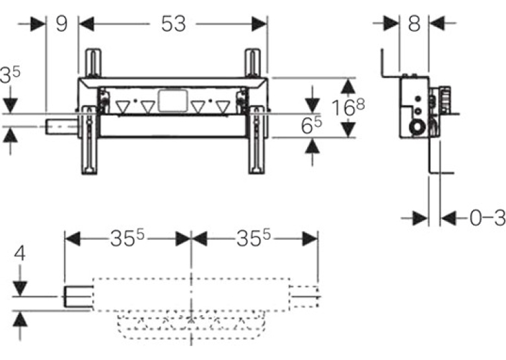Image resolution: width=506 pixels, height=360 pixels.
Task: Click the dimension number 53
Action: (x=173, y=24)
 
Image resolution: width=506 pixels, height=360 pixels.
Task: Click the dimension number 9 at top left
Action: (x=61, y=24)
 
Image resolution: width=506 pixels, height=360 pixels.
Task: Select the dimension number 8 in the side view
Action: (x=414, y=23)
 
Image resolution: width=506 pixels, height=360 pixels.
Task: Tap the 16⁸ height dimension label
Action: (x=348, y=107)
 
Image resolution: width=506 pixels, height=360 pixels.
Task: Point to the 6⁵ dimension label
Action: (x=311, y=125)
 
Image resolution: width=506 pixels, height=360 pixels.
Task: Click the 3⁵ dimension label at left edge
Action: (x=10, y=75)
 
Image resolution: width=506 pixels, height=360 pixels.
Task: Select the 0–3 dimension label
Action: (x=488, y=219)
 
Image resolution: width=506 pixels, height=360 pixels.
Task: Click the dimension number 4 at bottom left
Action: (x=20, y=253)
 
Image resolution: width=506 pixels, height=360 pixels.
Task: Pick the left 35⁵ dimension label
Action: (x=127, y=238)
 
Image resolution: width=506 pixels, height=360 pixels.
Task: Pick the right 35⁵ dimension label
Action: (x=254, y=238)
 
